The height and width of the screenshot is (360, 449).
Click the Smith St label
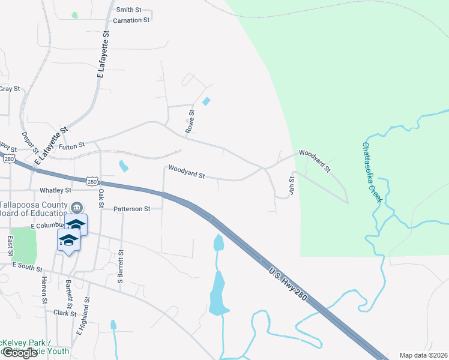(x=128, y=10)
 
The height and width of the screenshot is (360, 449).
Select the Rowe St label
(x=191, y=121)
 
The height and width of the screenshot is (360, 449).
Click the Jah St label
(x=292, y=184)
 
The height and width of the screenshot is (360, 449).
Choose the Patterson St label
(x=131, y=209)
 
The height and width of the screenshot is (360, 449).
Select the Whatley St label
(x=55, y=190)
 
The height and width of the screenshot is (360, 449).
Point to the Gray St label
(x=10, y=89)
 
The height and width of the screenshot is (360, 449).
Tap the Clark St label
(x=64, y=313)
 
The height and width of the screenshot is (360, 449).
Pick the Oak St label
(x=101, y=195)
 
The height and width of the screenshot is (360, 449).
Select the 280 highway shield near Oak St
(x=91, y=181)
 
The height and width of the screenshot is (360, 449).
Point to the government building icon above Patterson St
(x=77, y=208)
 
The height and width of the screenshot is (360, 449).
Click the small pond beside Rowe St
(x=207, y=101)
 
